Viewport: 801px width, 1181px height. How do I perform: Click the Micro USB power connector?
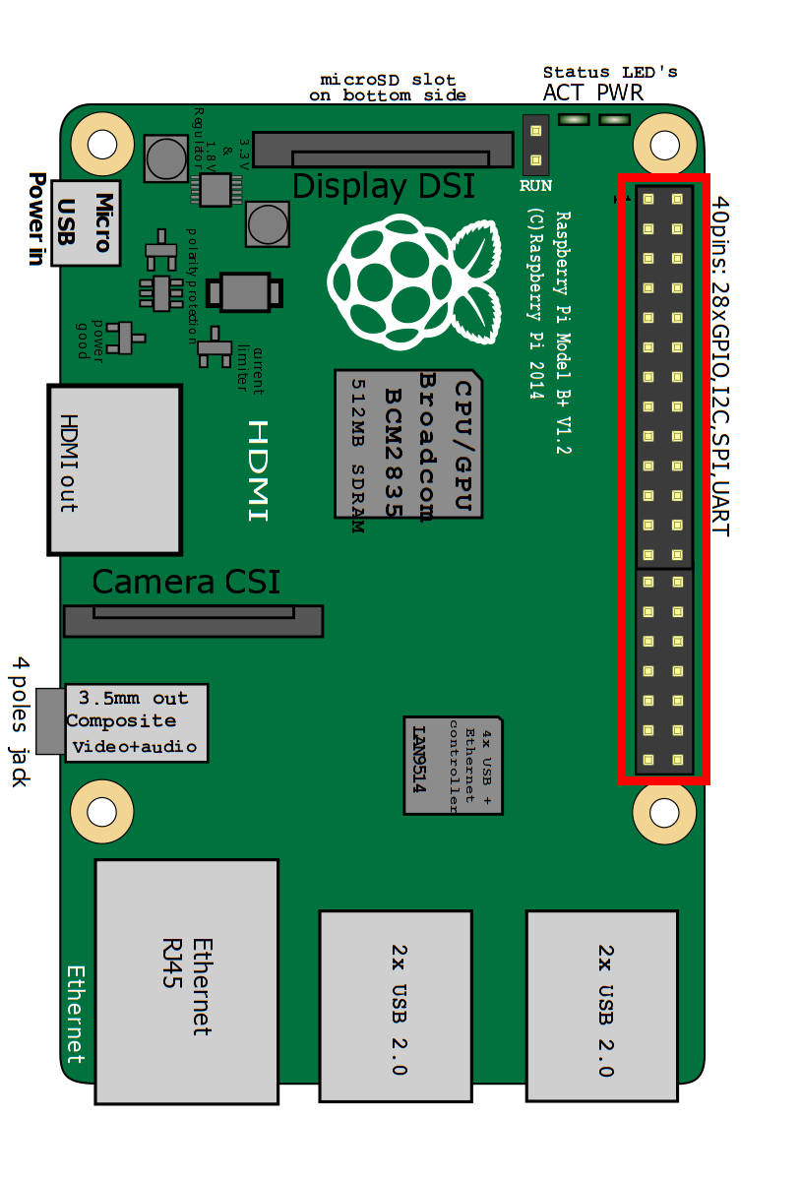(x=87, y=222)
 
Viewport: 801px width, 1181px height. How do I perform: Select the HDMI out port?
(x=115, y=468)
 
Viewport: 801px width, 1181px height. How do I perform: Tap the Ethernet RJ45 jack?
(x=186, y=981)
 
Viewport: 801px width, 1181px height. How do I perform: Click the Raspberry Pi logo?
(x=412, y=280)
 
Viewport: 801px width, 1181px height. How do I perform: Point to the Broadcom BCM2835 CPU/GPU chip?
(x=408, y=444)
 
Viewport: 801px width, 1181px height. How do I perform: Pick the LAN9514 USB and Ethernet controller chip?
(x=453, y=765)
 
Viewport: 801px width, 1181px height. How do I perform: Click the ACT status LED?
(x=573, y=120)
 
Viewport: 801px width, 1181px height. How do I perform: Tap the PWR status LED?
(x=614, y=120)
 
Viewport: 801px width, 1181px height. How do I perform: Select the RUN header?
(x=536, y=145)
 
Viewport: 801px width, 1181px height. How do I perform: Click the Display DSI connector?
(x=384, y=151)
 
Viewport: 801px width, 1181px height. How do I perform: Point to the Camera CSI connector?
(x=193, y=621)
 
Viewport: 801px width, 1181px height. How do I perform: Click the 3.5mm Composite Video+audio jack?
(x=137, y=722)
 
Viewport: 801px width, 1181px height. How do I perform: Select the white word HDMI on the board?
(x=258, y=470)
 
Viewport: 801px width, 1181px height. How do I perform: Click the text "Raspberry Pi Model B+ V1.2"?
(x=563, y=332)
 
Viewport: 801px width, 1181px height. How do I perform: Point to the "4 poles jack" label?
(x=21, y=722)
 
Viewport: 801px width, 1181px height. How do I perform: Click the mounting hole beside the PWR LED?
(x=665, y=144)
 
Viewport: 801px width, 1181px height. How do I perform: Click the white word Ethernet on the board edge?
(x=76, y=1014)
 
